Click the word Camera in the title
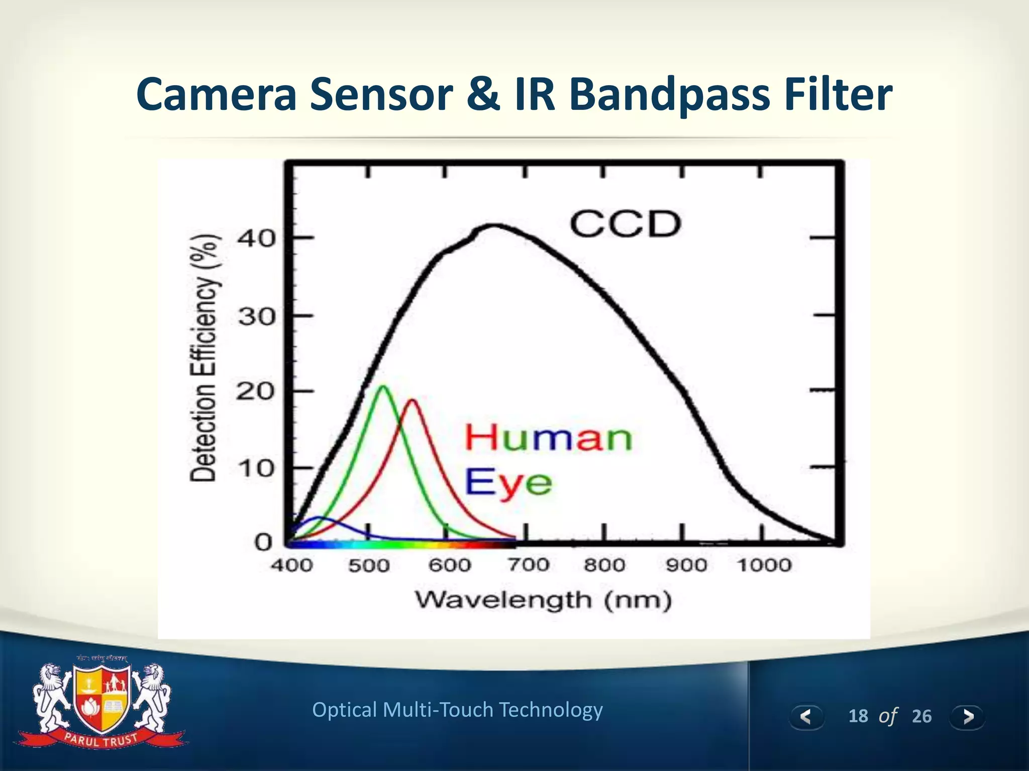(217, 94)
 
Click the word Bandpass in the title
(670, 95)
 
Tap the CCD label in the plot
(625, 224)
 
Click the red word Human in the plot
(548, 438)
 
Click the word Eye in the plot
(508, 482)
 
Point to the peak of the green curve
(383, 386)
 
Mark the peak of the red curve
(412, 400)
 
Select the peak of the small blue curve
(318, 518)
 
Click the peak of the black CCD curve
(495, 225)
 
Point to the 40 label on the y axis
(256, 238)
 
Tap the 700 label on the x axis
(528, 565)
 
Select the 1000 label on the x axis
(764, 565)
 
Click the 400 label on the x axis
(292, 565)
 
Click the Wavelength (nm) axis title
(543, 600)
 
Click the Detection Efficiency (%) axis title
(203, 359)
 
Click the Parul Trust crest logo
(102, 703)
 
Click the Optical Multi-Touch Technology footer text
(457, 710)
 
